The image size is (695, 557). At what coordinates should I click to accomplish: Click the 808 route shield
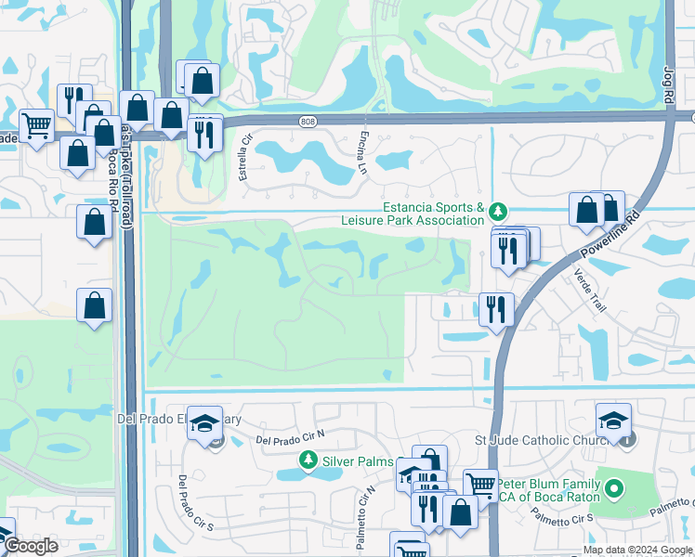308,121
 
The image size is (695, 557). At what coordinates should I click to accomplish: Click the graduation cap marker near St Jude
613,421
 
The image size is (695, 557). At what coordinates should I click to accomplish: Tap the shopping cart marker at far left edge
36,124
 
